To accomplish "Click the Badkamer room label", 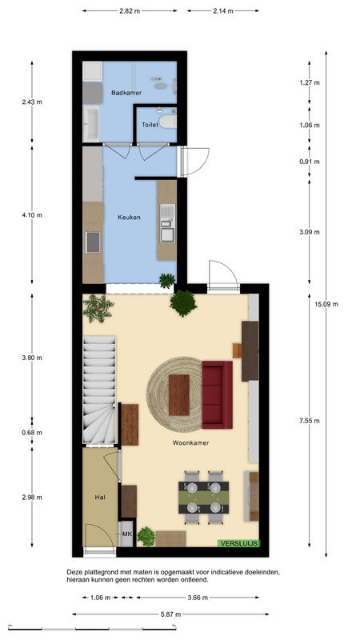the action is coord(126,93).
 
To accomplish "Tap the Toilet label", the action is coord(150,125).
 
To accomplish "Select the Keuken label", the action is coord(129,217).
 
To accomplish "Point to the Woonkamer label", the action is coord(190,442).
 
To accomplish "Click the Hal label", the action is coord(100,497).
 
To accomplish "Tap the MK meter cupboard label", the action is coord(127,534).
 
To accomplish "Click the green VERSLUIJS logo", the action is coord(238,543).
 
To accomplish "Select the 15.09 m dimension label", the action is coord(329,304).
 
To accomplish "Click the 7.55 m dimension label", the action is coord(309,421).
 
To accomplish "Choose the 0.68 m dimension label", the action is coord(32,433).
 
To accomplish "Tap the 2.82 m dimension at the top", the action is coord(130,11).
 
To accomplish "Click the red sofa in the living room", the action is coord(217,394).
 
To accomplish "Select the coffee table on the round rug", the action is coord(178,395).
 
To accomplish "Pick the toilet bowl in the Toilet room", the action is coord(168,122).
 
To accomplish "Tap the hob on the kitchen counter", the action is coord(93,242).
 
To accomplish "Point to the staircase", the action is coord(99,390).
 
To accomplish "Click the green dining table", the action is coord(204,497).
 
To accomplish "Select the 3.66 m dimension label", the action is coord(198,598).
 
